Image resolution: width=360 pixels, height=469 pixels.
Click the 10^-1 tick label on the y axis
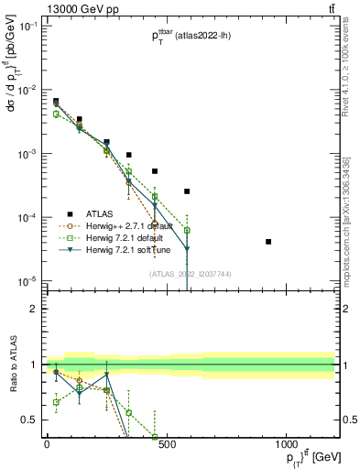[29, 27]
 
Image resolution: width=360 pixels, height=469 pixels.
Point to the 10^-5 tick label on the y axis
[29, 280]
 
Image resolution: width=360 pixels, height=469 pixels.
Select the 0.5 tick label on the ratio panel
[32, 420]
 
